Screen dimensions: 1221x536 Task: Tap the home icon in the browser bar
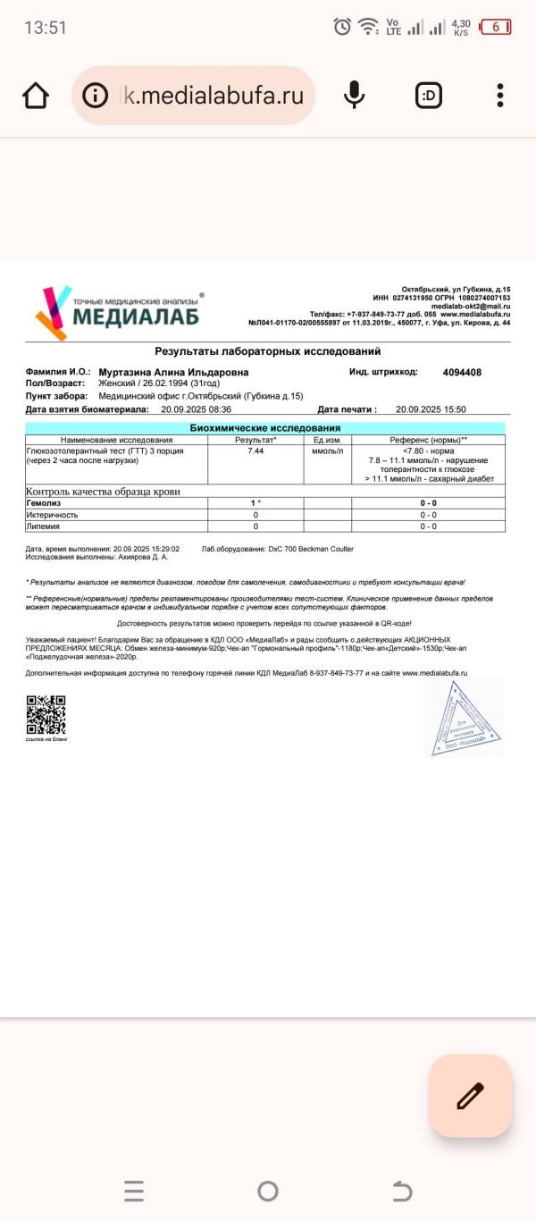[x=36, y=96]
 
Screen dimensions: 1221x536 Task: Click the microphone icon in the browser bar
[x=355, y=95]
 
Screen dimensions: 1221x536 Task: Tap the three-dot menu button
[x=500, y=95]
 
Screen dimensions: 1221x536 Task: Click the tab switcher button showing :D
[x=429, y=95]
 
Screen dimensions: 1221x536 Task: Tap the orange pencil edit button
[x=470, y=1096]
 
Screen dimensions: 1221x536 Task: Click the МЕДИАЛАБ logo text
[x=136, y=316]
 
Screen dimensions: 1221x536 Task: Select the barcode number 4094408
[x=462, y=373]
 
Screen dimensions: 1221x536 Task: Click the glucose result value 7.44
[x=255, y=451]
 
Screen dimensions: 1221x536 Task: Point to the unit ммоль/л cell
[x=327, y=451]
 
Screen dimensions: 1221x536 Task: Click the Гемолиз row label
[x=44, y=503]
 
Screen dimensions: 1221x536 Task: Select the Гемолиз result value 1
[x=254, y=503]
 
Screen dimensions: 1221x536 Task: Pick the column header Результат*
[x=255, y=440]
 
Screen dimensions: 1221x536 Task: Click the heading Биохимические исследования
[x=265, y=428]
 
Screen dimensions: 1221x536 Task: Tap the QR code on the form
[x=46, y=714]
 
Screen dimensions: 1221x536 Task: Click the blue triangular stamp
[x=463, y=719]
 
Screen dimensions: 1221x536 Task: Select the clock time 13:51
[x=46, y=28]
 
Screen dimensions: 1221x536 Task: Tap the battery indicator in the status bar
[x=496, y=28]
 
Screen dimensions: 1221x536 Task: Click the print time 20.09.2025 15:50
[x=431, y=409]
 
